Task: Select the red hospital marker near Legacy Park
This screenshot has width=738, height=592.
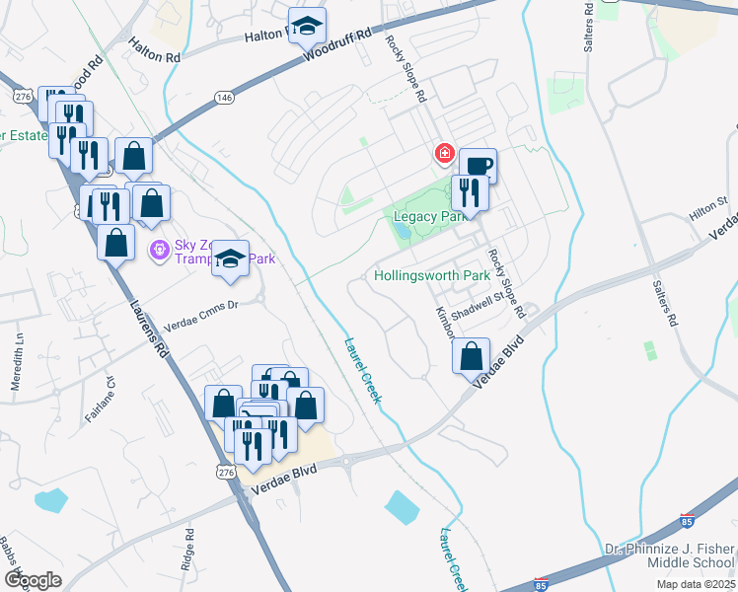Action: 444,154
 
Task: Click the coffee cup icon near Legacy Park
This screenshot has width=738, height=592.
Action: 478,165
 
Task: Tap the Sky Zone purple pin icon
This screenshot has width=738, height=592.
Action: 157,250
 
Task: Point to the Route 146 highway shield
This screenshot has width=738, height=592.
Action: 224,97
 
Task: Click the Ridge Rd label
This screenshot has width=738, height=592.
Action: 188,547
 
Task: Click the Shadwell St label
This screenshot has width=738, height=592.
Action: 486,293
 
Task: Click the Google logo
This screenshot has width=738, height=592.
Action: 33,580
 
